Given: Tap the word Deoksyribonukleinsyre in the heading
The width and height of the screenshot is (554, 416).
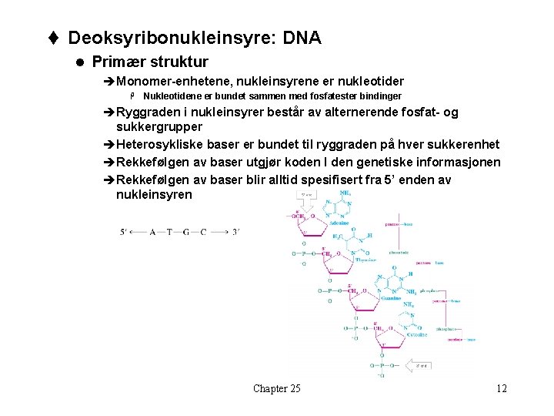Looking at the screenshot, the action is pyautogui.click(x=159, y=38).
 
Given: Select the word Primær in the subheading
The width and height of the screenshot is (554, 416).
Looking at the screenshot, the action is pyautogui.click(x=116, y=62).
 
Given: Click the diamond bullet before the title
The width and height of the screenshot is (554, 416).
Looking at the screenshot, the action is pyautogui.click(x=56, y=38).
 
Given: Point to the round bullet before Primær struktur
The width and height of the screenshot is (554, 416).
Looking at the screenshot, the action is pyautogui.click(x=78, y=62).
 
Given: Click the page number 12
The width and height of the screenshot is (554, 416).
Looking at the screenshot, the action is pyautogui.click(x=502, y=388).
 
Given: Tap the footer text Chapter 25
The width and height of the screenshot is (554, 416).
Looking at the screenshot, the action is pyautogui.click(x=276, y=388).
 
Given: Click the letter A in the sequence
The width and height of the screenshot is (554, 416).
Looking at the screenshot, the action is pyautogui.click(x=153, y=232).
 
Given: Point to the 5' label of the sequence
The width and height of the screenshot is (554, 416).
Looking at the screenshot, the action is pyautogui.click(x=124, y=232).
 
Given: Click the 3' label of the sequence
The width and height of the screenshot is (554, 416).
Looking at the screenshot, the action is pyautogui.click(x=236, y=232).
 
